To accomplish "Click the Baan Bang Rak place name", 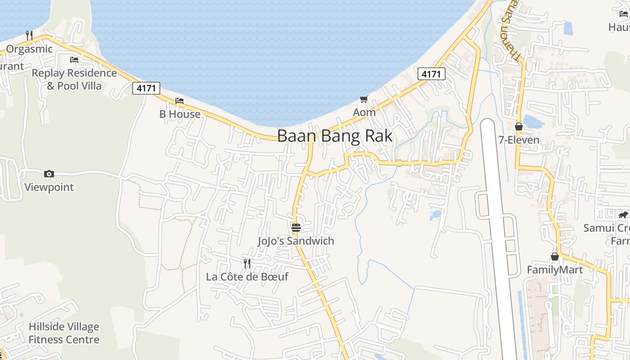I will click(x=335, y=136).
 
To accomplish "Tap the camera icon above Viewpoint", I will click(x=49, y=174).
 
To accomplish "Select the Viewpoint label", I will click(x=49, y=187).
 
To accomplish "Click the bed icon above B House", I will click(x=180, y=101).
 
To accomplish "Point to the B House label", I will click(x=180, y=114).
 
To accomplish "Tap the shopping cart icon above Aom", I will click(x=364, y=99).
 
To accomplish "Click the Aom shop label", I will click(x=364, y=112).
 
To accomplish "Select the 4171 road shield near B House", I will click(x=146, y=88).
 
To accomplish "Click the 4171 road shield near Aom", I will click(x=431, y=74).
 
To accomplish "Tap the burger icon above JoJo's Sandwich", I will click(x=296, y=228).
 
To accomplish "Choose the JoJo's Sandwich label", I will click(x=296, y=241).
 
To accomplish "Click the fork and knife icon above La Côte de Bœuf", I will click(x=247, y=263).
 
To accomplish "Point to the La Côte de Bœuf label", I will click(x=247, y=277).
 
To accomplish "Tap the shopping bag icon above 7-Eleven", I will click(x=519, y=127).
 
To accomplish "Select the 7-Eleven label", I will click(x=519, y=140).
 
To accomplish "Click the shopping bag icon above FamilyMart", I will click(x=555, y=256).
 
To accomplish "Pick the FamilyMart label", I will click(x=555, y=270).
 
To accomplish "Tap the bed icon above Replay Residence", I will click(x=74, y=59).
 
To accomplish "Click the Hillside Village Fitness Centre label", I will click(x=64, y=333).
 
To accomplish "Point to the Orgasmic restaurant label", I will click(x=29, y=49).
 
